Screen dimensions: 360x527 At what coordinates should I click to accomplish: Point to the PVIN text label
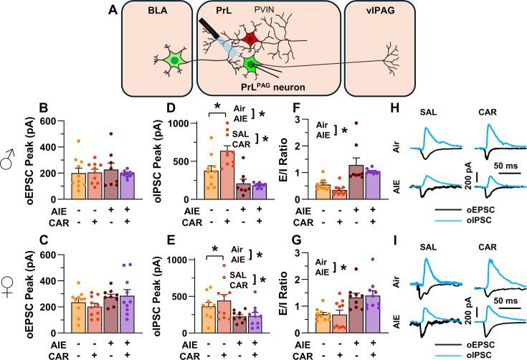coord(277,9)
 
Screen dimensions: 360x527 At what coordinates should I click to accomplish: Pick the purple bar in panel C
coord(117,310)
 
